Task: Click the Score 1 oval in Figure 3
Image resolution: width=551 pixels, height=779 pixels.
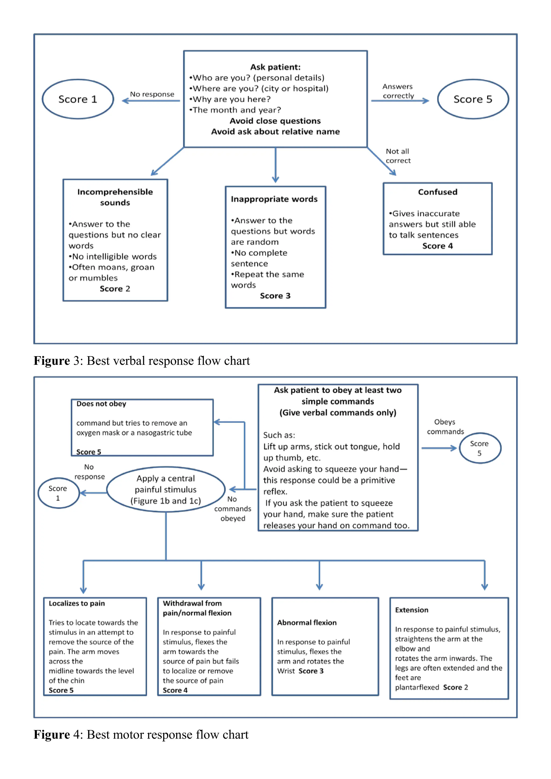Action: point(78,99)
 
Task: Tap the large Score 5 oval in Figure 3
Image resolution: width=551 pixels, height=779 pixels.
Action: point(473,99)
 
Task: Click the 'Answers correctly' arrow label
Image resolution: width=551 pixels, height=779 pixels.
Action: point(398,91)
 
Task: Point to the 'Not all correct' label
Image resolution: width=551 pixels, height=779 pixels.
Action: point(398,156)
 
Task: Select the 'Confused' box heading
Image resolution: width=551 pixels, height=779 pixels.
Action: point(437,192)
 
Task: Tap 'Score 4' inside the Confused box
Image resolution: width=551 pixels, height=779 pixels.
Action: point(437,246)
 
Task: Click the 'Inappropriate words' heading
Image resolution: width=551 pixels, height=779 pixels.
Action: point(274,199)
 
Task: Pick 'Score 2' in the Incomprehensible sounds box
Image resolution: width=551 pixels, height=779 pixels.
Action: point(115,289)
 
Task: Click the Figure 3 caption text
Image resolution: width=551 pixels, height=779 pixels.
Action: point(142,361)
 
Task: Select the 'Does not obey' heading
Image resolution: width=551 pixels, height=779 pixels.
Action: point(101,404)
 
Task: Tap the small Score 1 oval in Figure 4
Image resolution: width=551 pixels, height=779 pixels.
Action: point(58,493)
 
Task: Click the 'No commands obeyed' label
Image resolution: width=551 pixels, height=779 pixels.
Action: point(232,509)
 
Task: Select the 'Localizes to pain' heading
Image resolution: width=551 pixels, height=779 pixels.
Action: point(77,604)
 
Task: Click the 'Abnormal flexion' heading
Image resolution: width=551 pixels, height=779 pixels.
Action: point(307,623)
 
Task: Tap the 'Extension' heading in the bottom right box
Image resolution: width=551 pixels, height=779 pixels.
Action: point(412,610)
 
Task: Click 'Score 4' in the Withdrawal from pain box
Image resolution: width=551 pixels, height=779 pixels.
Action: point(175,691)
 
